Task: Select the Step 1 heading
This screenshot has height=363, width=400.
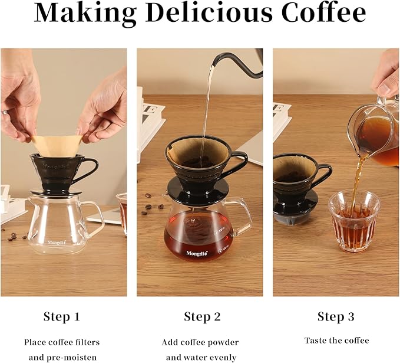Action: coord(61,317)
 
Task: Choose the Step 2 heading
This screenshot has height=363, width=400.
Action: coord(202,317)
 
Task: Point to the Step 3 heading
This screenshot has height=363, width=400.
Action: coord(336,317)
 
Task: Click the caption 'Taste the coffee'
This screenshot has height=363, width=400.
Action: coord(336,341)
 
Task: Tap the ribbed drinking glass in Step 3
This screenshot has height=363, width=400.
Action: coord(354,221)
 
